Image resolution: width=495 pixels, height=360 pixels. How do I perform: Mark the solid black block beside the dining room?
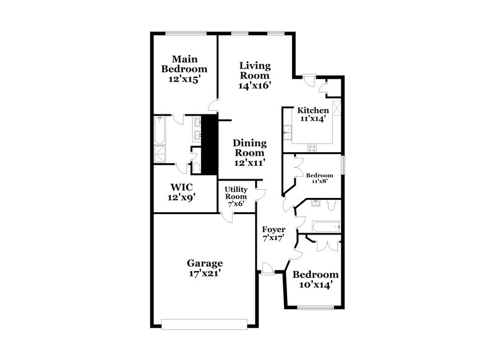(x=212, y=145)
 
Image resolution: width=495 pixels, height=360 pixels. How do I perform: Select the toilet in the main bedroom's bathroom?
(x=196, y=165)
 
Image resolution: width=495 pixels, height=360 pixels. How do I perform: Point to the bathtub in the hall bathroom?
(x=324, y=228)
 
